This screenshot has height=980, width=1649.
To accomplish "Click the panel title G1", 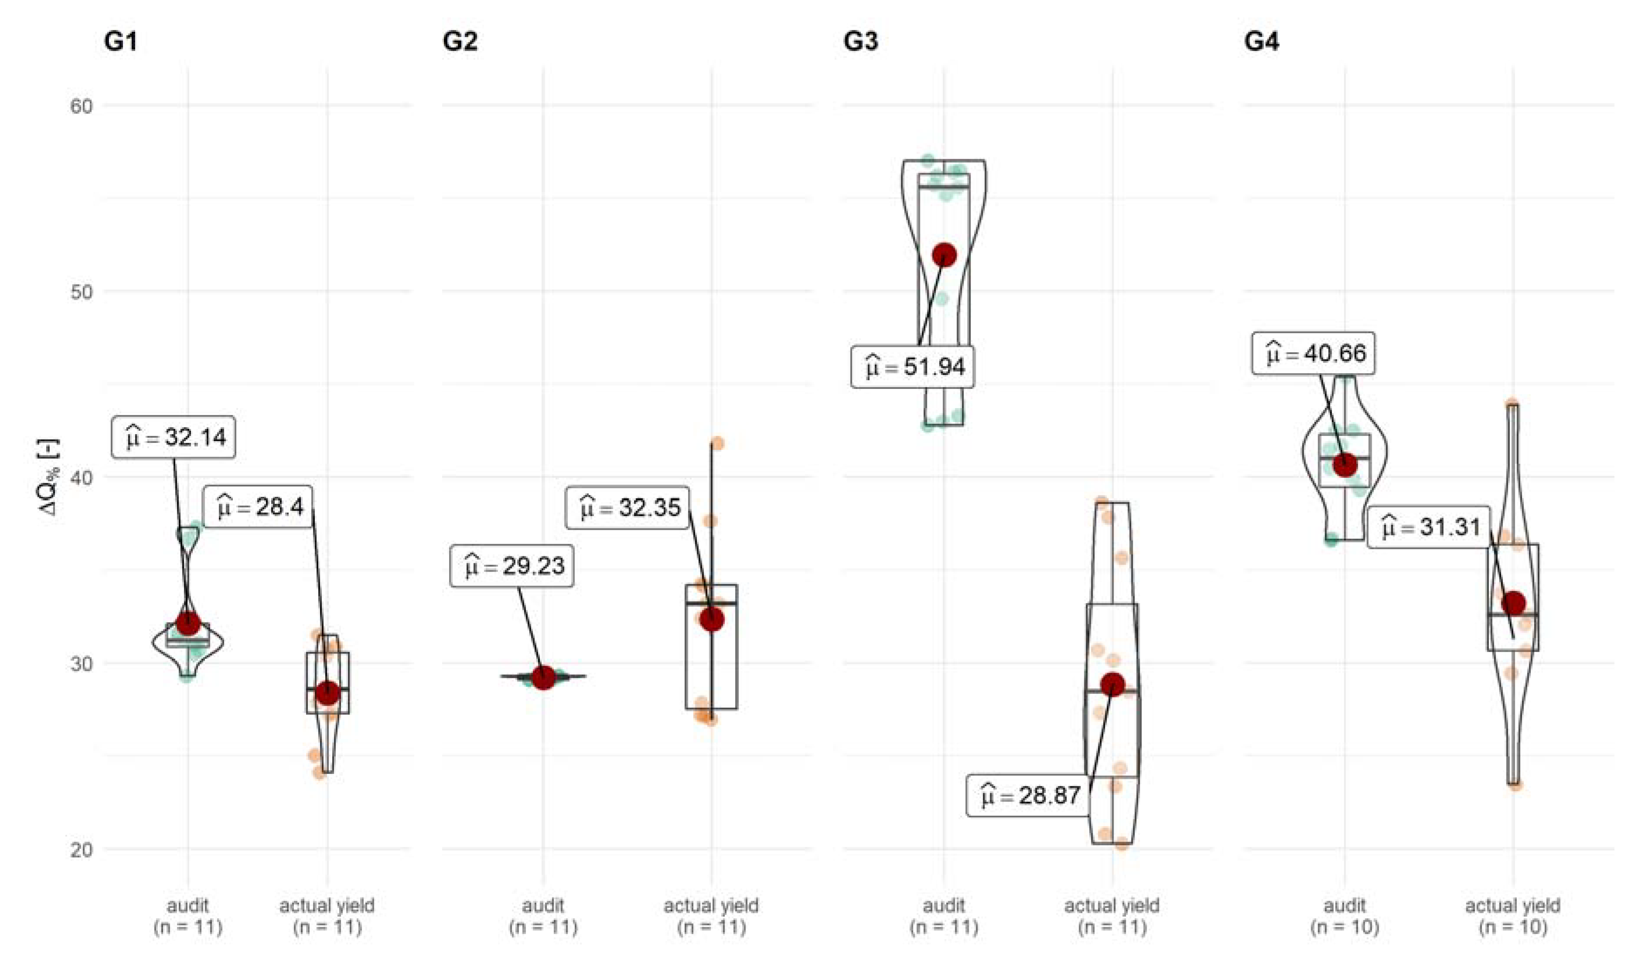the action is click(120, 41).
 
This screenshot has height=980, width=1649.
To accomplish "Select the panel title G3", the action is click(861, 41).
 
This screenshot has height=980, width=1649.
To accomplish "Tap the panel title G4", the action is click(1261, 41).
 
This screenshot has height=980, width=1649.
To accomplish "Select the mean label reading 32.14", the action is click(174, 437).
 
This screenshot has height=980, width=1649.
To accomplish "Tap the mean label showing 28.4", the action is click(258, 507).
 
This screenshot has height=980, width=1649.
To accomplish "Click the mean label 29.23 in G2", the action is click(512, 566).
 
